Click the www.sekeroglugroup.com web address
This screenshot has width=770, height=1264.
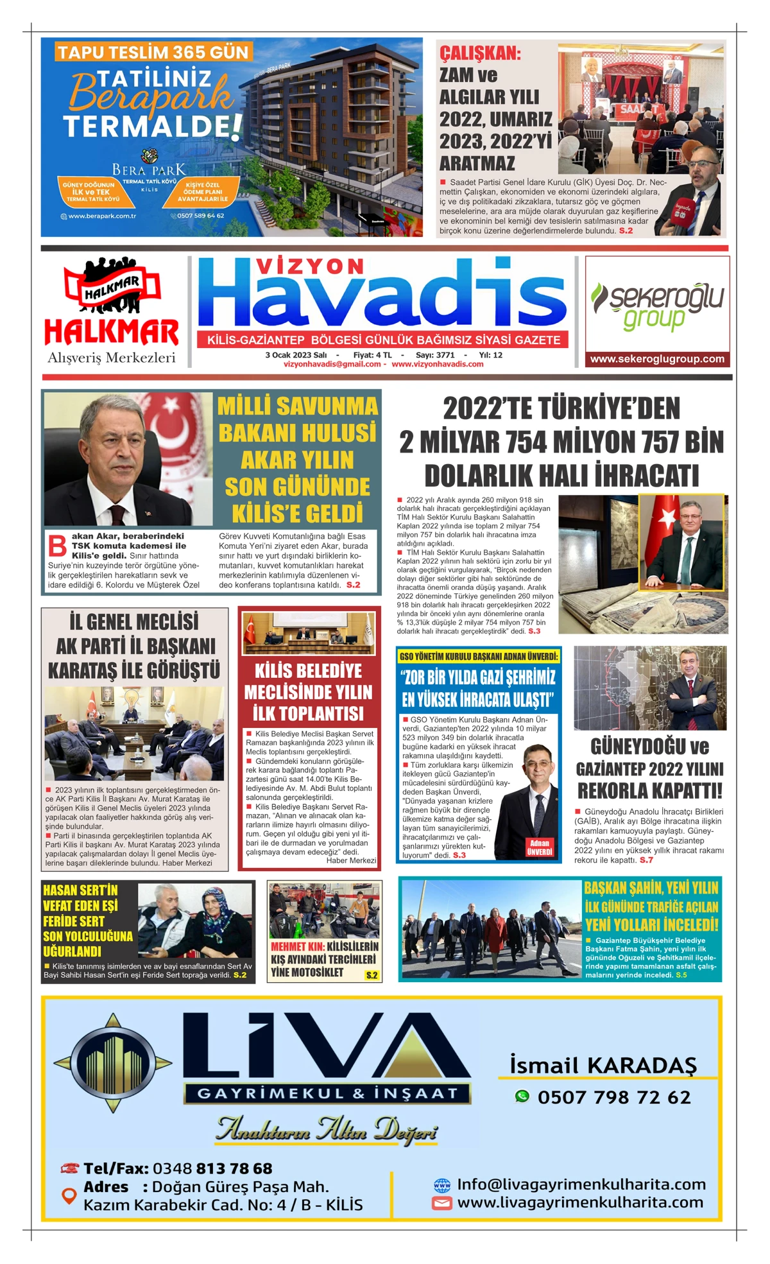click(x=657, y=359)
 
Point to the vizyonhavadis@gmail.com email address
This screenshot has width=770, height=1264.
click(x=332, y=364)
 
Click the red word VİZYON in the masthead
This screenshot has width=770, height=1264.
click(x=311, y=266)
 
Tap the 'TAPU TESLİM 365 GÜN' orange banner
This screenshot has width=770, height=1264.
click(x=153, y=52)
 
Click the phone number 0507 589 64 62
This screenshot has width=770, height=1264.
click(x=200, y=216)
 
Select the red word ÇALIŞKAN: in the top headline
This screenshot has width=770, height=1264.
click(x=480, y=53)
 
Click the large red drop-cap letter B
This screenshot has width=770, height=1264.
click(x=58, y=545)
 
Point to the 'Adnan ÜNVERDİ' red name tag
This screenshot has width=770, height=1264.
click(x=539, y=847)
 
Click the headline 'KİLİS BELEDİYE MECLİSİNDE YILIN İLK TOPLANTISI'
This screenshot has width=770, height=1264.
click(x=308, y=692)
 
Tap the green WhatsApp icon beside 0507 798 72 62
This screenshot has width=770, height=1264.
click(x=522, y=1096)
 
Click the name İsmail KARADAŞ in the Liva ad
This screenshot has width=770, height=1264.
click(x=603, y=1065)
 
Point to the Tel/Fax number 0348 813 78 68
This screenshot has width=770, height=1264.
click(x=212, y=1168)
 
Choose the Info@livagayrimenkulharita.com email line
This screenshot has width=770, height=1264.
click(x=581, y=1184)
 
